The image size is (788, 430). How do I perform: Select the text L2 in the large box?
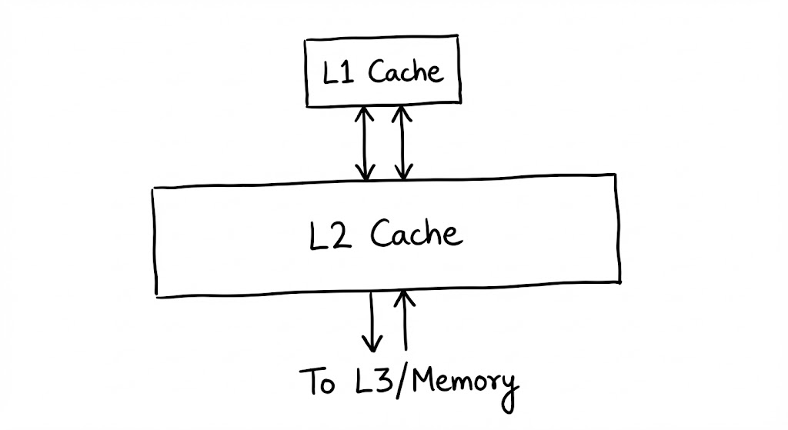tap(331, 234)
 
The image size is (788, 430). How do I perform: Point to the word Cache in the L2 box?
tap(416, 233)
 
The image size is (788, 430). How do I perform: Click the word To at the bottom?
tap(317, 382)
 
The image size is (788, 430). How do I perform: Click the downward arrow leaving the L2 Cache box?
tap(372, 322)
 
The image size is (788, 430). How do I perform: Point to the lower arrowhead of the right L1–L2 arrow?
tap(402, 174)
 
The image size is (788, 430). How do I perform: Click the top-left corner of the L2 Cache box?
tap(153, 188)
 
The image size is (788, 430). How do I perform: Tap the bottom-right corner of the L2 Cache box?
tap(619, 281)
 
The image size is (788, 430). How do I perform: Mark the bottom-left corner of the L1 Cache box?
tap(307, 105)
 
